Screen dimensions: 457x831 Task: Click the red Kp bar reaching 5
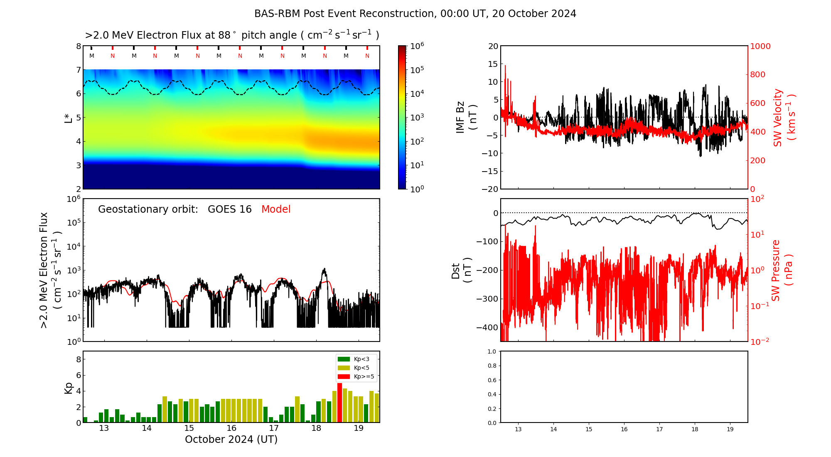tap(339, 403)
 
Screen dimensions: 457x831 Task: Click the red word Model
tap(276, 209)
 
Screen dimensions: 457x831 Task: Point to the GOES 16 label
tap(230, 209)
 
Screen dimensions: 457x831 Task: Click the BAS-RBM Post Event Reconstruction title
tap(415, 14)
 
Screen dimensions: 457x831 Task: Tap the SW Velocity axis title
tap(784, 118)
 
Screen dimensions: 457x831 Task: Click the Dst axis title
tap(461, 270)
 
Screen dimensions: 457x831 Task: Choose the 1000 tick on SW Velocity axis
tap(760, 46)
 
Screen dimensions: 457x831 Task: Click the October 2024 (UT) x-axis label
tap(231, 440)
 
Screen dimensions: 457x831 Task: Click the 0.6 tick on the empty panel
tap(492, 380)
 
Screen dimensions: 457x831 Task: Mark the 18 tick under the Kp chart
tap(316, 428)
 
